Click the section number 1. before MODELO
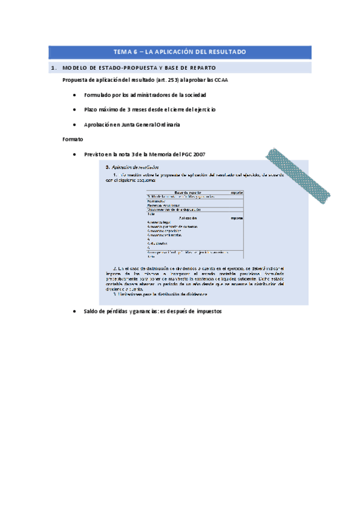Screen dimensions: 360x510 53,68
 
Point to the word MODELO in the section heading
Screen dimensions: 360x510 76,68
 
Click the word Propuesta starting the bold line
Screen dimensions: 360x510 76,81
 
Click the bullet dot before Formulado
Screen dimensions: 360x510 73,95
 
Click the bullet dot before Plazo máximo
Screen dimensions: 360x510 73,110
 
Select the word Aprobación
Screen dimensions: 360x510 100,125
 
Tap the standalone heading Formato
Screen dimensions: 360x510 72,140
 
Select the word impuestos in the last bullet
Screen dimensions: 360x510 206,312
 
